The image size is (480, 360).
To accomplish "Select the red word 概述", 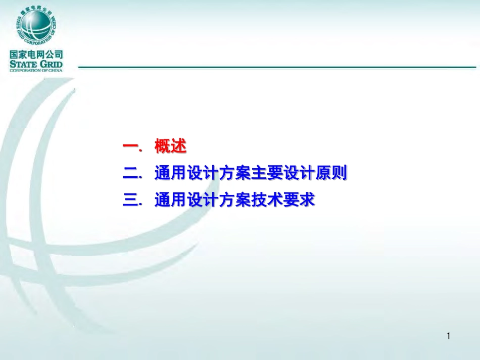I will [x=171, y=147].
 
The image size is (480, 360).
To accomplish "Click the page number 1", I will [x=449, y=336].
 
